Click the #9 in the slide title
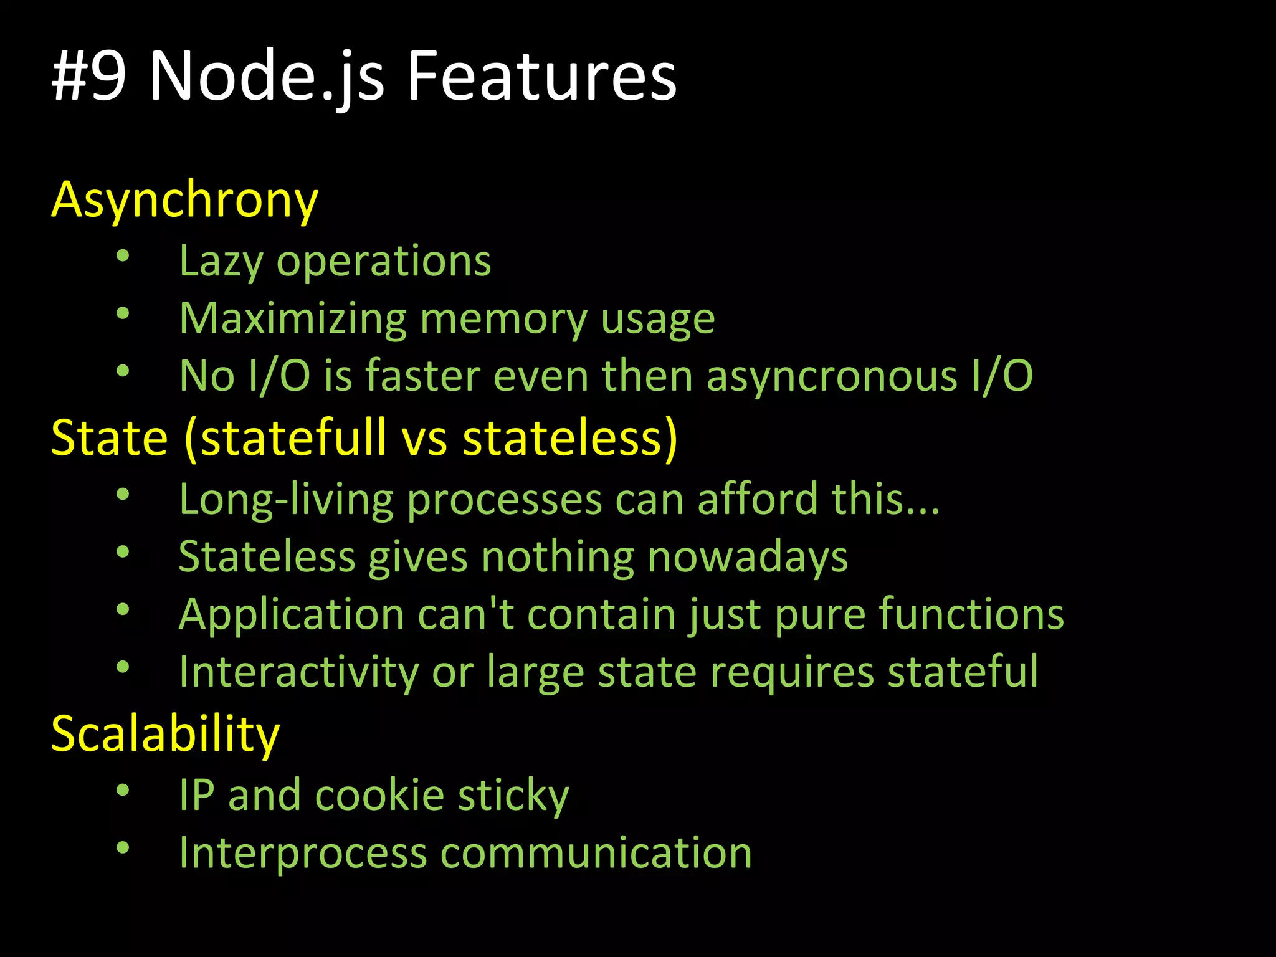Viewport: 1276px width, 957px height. [89, 76]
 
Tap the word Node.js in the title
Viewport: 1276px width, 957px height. [267, 76]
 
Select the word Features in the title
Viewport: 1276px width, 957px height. [541, 76]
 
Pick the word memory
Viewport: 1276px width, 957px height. [503, 319]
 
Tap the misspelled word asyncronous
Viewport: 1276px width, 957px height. [832, 376]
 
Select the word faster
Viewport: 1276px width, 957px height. [422, 376]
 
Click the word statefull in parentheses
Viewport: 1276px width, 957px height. [285, 437]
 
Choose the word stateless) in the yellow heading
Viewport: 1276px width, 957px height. [569, 437]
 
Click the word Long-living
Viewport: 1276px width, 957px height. [286, 500]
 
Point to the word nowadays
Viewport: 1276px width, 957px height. [748, 556]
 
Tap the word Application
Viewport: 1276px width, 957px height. [292, 615]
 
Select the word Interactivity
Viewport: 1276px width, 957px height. [299, 672]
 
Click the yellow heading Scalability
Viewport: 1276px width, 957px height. [165, 734]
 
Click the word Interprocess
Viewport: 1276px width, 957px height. [303, 853]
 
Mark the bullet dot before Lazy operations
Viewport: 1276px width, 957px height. [123, 255]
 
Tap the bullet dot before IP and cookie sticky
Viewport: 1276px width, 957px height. [123, 790]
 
